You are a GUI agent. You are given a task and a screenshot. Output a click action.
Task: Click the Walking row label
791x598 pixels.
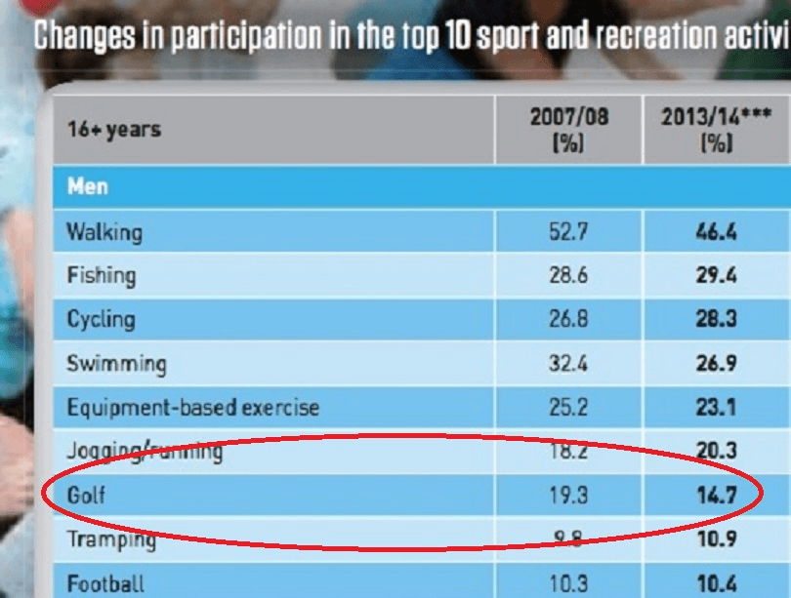coord(104,232)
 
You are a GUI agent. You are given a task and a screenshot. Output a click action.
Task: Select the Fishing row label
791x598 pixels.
coord(101,275)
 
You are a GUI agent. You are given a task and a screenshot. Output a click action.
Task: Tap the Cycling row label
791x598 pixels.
coord(101,319)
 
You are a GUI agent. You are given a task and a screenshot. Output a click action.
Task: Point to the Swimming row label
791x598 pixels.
coord(116,364)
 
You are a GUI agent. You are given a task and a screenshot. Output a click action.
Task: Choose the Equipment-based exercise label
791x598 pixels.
coord(192,406)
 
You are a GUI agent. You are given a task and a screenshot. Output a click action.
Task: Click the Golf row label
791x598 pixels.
coord(86,496)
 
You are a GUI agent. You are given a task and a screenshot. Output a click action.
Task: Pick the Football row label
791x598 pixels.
coord(105,584)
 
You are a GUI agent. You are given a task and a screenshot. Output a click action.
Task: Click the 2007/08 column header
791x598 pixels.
coord(568,129)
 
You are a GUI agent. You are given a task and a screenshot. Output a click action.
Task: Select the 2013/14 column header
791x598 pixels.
coord(716,129)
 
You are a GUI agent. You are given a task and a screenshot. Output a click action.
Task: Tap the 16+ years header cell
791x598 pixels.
coord(114,129)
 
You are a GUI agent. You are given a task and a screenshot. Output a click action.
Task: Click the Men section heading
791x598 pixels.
coord(87,185)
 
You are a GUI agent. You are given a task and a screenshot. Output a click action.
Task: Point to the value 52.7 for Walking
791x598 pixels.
coord(568,232)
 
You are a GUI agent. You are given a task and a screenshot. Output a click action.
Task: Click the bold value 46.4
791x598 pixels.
coord(716,232)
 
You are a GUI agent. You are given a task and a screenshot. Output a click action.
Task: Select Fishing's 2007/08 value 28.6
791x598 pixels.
coord(568,275)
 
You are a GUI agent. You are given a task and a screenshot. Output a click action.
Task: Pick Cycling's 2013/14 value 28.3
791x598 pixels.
coord(716,319)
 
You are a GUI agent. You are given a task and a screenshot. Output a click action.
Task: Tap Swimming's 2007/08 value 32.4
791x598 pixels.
coord(568,364)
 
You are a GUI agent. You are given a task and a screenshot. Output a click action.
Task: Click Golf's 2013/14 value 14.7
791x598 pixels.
coord(716,496)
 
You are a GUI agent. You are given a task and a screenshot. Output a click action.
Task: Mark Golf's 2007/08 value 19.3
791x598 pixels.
coord(568,496)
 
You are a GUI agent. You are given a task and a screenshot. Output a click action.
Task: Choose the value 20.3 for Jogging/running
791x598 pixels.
coord(716,451)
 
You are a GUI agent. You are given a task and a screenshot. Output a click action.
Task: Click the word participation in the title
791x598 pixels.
coord(237,36)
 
